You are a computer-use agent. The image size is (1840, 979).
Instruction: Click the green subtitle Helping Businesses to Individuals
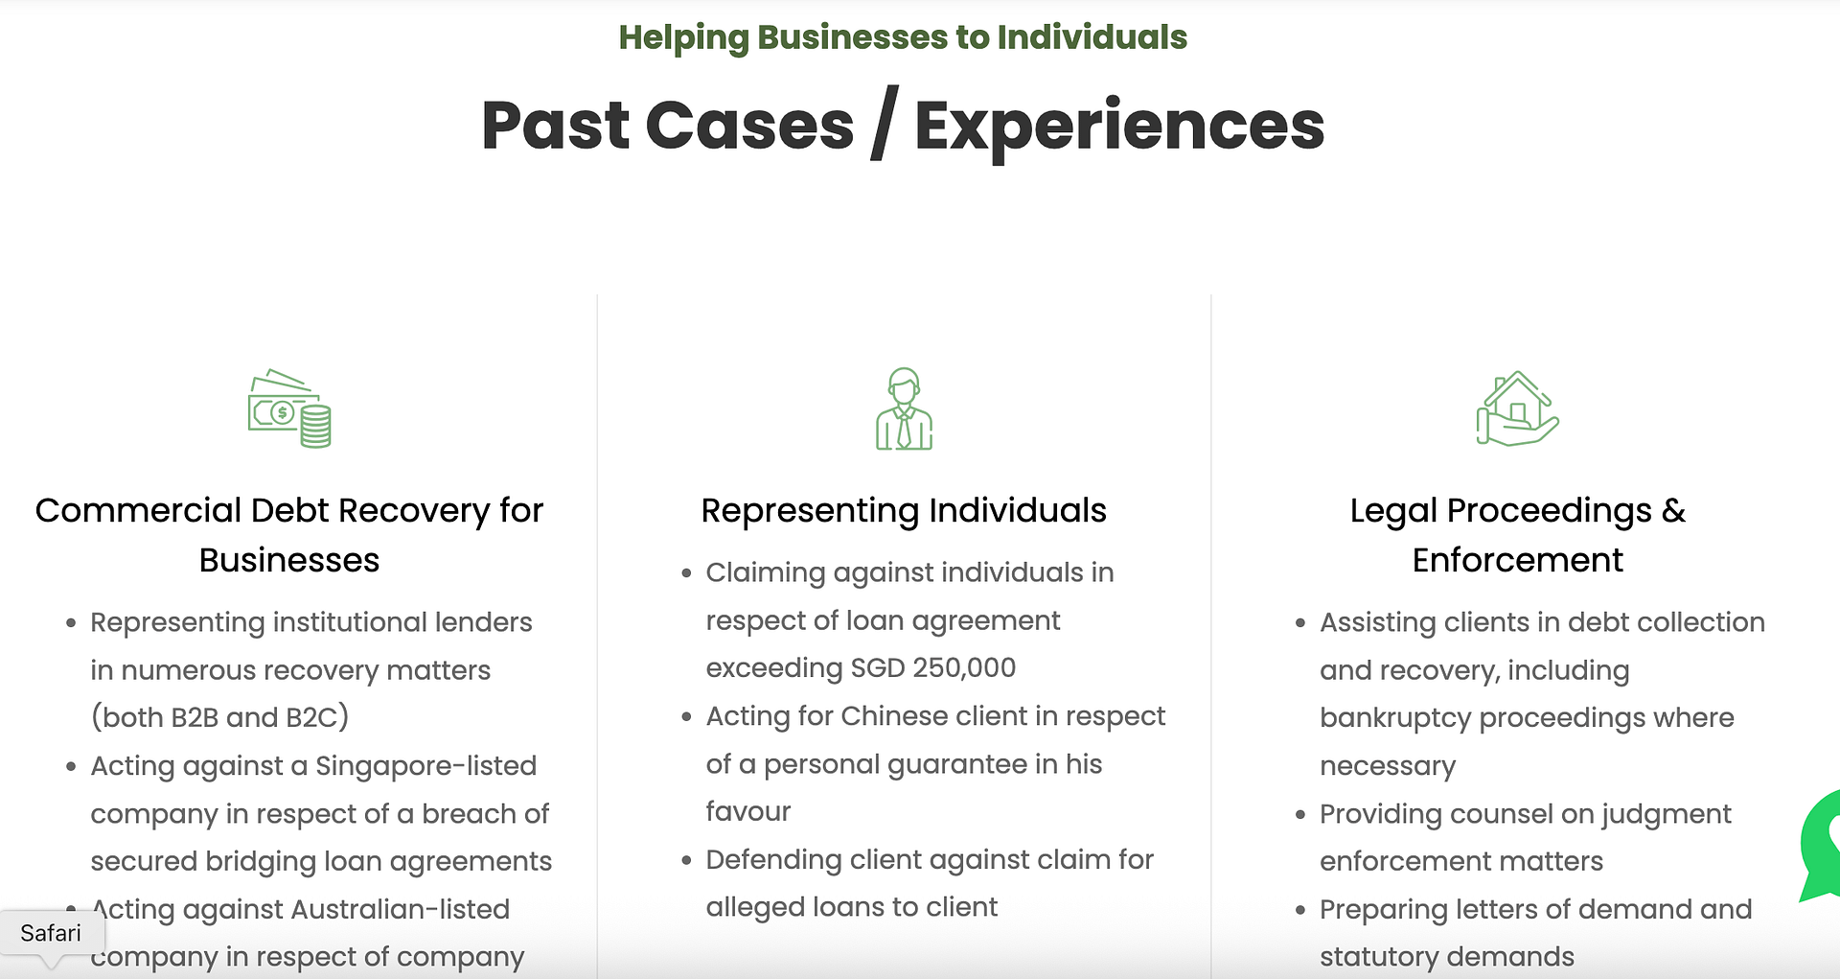pyautogui.click(x=902, y=37)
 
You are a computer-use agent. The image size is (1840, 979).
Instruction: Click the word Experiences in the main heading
pyautogui.click(x=1118, y=126)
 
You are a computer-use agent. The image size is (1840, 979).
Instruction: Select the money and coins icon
pyautogui.click(x=289, y=409)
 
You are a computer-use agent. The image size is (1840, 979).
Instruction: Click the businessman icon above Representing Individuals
pyautogui.click(x=904, y=409)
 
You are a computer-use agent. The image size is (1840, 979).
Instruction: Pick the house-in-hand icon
pyautogui.click(x=1517, y=409)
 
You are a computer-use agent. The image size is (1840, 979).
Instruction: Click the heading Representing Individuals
pyautogui.click(x=903, y=511)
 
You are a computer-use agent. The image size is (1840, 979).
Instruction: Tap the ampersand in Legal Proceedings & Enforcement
pyautogui.click(x=1673, y=511)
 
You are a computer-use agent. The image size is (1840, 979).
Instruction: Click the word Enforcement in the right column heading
pyautogui.click(x=1517, y=560)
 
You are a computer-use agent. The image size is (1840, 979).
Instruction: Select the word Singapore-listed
pyautogui.click(x=425, y=766)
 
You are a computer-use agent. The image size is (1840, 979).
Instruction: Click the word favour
pyautogui.click(x=748, y=812)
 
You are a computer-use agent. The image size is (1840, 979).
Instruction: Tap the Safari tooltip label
pyautogui.click(x=51, y=933)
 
